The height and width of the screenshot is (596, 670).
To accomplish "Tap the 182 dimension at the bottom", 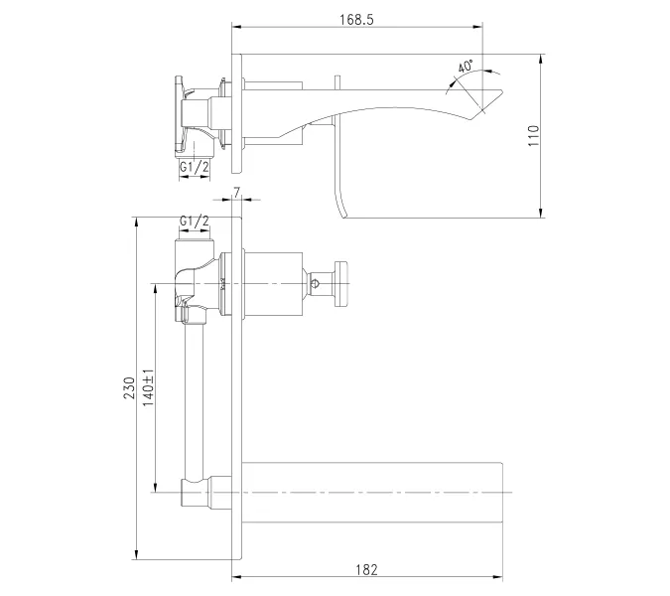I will click(365, 569).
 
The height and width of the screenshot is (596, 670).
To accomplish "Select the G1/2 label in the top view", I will click(195, 167).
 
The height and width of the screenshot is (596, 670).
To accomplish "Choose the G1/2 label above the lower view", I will click(195, 221).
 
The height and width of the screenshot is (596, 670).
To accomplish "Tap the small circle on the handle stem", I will click(316, 286).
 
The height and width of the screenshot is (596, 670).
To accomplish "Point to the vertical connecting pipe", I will click(195, 397).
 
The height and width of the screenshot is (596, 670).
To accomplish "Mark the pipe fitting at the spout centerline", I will click(195, 492).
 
